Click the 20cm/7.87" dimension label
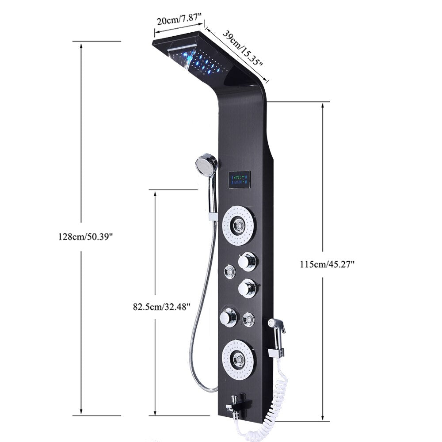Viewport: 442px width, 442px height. [179, 21]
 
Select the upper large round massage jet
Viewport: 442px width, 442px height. [239, 226]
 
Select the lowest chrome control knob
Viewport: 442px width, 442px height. [229, 316]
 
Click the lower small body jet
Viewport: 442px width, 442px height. [249, 317]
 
